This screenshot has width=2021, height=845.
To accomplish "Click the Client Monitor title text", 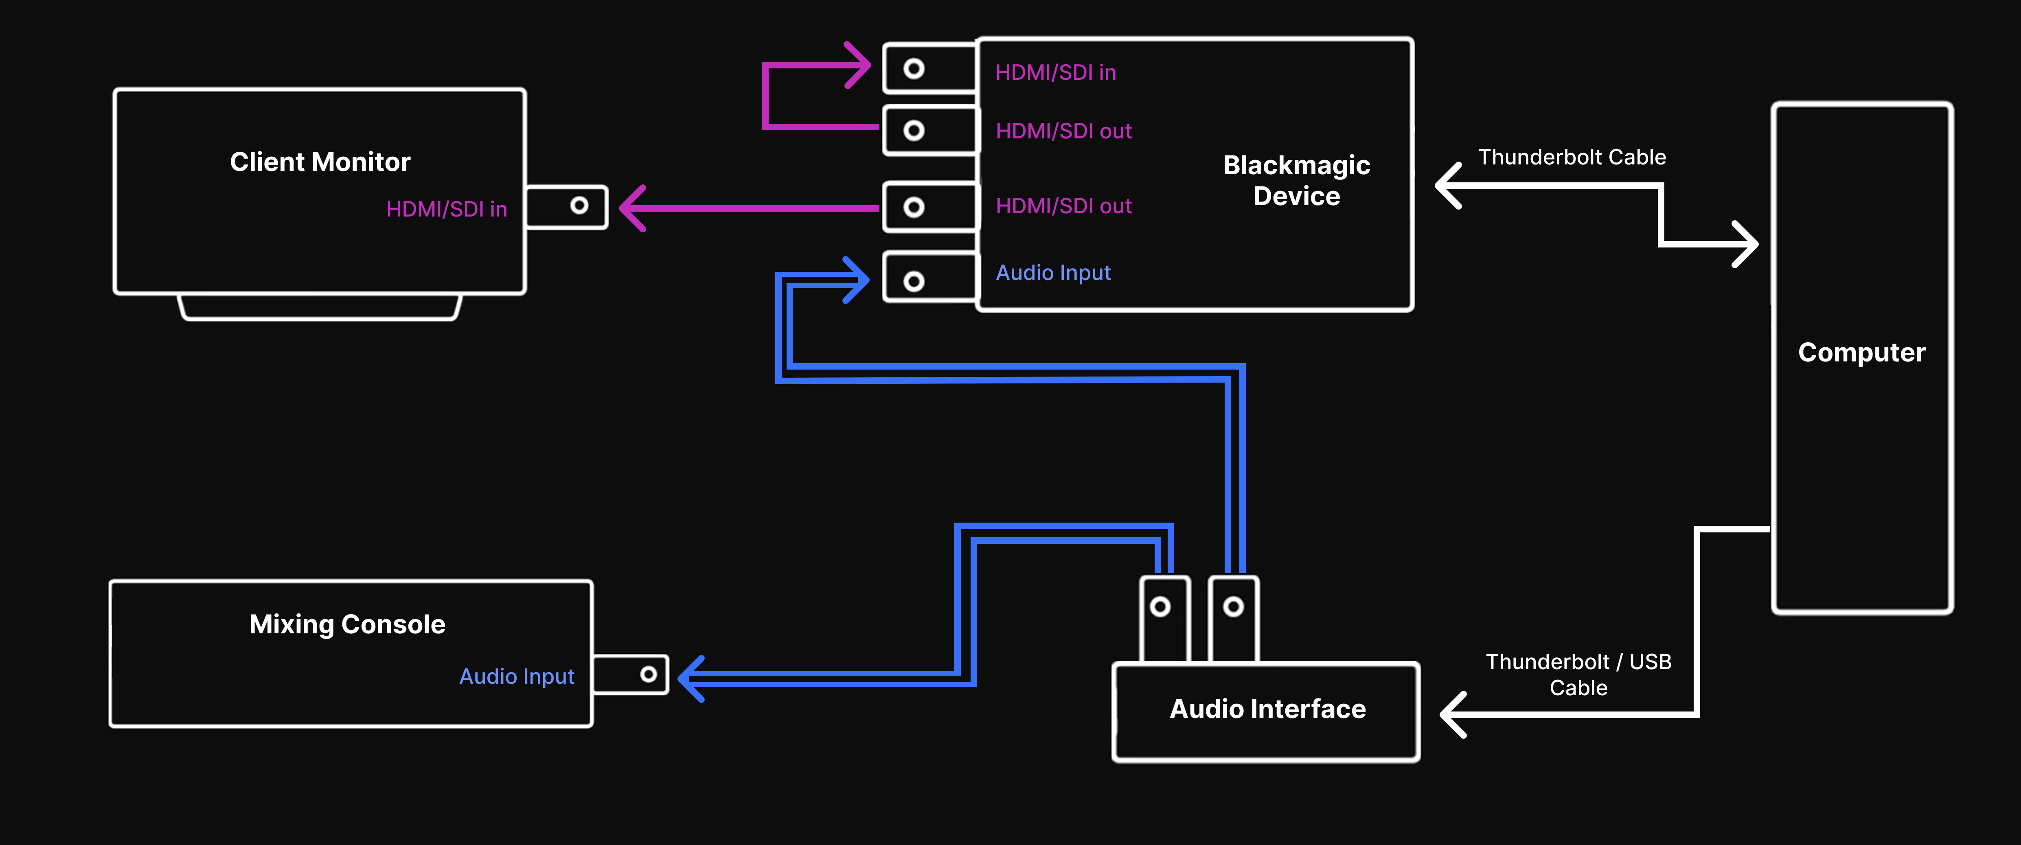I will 320,162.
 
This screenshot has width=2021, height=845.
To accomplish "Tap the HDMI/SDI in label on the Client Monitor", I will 446,209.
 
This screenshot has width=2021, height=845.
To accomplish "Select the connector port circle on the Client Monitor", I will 579,206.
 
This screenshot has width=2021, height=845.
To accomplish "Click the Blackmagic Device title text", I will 1296,180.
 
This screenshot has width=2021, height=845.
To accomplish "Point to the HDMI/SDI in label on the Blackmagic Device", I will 1055,72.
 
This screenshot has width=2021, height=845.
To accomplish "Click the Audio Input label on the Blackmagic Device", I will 1053,272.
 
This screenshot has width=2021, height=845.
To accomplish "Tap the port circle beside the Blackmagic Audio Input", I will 913,281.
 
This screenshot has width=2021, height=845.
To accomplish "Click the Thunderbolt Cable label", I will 1572,157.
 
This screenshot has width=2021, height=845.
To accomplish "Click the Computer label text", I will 1861,352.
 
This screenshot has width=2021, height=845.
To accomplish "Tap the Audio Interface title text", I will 1267,709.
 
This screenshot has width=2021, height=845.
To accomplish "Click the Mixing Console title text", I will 347,624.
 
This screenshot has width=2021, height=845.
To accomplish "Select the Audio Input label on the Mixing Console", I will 516,676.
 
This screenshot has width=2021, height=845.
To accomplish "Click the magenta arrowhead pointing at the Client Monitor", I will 631,208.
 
